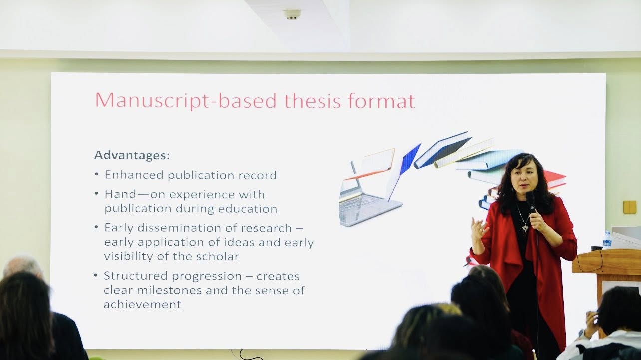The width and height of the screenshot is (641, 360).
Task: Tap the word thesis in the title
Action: click(x=313, y=100)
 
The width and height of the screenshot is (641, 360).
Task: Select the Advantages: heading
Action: click(x=132, y=155)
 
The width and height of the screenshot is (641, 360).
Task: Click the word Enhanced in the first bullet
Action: click(x=134, y=175)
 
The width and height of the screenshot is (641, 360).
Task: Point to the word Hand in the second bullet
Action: click(x=120, y=194)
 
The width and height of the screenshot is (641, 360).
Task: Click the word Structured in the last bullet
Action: click(x=136, y=276)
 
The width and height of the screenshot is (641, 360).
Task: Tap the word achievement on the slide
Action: click(x=142, y=304)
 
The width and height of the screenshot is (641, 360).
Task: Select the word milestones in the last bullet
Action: click(x=169, y=290)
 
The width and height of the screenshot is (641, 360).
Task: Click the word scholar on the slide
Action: click(x=218, y=256)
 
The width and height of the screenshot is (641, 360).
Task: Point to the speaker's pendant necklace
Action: click(x=525, y=228)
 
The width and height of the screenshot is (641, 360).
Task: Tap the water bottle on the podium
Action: click(x=607, y=239)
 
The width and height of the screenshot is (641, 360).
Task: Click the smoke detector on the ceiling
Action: click(x=292, y=14)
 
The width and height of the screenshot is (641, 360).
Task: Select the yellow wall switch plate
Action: click(x=630, y=207)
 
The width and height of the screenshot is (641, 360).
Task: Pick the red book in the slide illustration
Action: click(x=555, y=179)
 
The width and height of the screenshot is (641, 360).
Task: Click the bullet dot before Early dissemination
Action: click(x=96, y=228)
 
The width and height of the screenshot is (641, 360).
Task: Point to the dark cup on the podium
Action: click(x=597, y=248)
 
